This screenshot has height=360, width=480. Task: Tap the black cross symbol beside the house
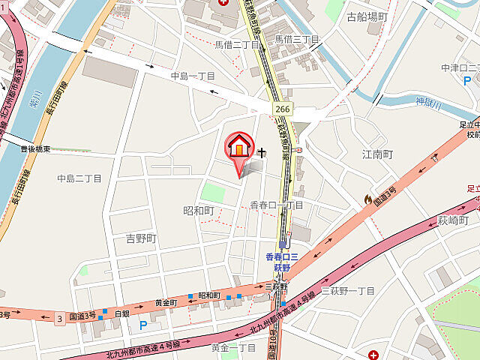click(x=262, y=153)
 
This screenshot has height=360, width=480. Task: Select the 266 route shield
click(x=282, y=109)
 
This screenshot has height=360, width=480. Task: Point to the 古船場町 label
click(x=367, y=16)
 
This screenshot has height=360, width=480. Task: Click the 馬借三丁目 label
click(x=296, y=39)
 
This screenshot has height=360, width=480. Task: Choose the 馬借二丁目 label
click(x=236, y=45)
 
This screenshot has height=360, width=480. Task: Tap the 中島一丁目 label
click(x=193, y=76)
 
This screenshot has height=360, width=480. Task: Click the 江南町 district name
click(x=378, y=154)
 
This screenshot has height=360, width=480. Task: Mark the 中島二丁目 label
click(x=79, y=178)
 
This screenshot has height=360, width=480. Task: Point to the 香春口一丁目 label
click(x=276, y=205)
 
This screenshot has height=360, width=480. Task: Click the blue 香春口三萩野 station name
click(x=283, y=262)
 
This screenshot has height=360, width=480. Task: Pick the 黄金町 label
click(x=166, y=302)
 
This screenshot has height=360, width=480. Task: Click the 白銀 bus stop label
click(x=122, y=313)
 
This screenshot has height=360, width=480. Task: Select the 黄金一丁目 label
click(x=233, y=348)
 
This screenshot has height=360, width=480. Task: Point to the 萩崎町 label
click(x=453, y=221)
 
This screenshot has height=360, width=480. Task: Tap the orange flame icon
click(x=367, y=199)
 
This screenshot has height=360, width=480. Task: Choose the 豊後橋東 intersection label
click(x=37, y=150)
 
